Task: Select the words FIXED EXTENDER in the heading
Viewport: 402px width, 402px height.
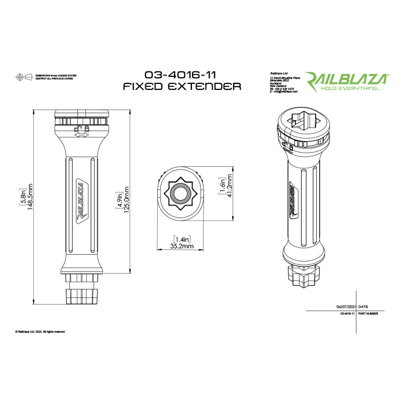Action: pos(182,86)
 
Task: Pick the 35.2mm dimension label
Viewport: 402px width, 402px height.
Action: pos(181,247)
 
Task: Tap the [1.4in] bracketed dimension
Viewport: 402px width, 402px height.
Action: pos(181,239)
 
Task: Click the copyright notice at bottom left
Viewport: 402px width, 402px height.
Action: pos(40,332)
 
